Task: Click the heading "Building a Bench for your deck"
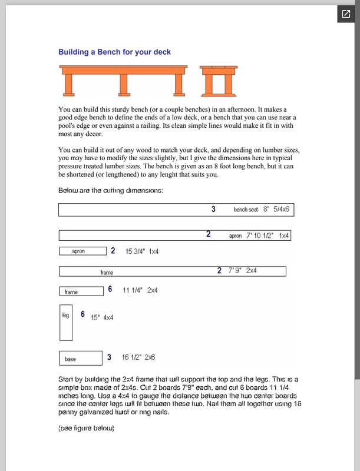click(x=114, y=52)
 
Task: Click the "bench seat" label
click(x=246, y=210)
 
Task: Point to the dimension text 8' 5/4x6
click(x=279, y=209)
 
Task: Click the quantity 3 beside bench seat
click(x=213, y=209)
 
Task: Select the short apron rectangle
click(x=82, y=251)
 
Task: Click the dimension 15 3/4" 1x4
click(x=142, y=251)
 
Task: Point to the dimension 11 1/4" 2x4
click(x=140, y=290)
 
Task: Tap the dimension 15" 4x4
click(x=102, y=317)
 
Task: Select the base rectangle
click(x=81, y=357)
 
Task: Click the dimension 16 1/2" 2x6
click(x=138, y=357)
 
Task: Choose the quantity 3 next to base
click(x=110, y=357)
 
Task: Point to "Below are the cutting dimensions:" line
click(x=111, y=191)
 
